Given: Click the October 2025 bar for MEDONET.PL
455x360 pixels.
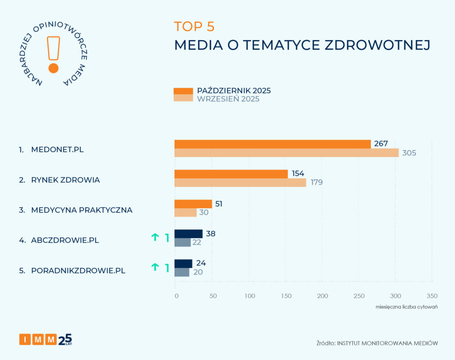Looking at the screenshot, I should [x=272, y=144].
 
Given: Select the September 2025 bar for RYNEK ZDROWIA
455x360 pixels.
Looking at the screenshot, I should [x=240, y=183].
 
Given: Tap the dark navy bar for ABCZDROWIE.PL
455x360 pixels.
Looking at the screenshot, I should [x=188, y=234].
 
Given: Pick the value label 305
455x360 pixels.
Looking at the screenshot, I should [x=409, y=153].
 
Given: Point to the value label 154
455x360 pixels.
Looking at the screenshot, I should [x=298, y=174].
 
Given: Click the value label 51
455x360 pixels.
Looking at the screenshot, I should [x=219, y=204].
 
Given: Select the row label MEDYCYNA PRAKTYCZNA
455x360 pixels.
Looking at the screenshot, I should [x=82, y=210].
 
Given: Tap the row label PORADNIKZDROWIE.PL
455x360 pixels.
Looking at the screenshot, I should [x=78, y=270].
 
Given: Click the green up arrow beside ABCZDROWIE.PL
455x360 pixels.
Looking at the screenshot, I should [x=155, y=237].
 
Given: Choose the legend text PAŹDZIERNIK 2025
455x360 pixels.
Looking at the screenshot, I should [x=234, y=91].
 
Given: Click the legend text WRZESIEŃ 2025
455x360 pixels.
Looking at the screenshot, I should [x=228, y=99].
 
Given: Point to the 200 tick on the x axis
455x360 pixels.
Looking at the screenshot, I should [x=322, y=296].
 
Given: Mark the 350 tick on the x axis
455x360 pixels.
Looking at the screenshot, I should [x=431, y=296].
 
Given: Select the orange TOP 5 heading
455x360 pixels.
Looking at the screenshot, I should [x=194, y=27].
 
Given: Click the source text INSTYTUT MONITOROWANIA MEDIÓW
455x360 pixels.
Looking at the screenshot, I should [x=387, y=343].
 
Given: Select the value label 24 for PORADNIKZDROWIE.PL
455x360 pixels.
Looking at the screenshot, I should [x=201, y=263].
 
